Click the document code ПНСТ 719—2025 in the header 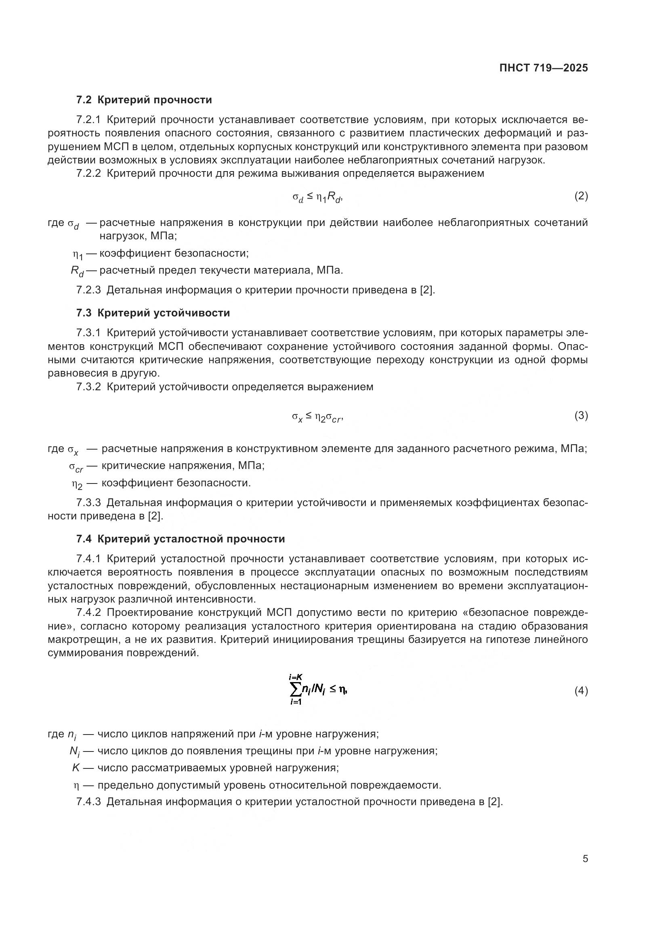(x=543, y=68)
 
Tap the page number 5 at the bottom (x=585, y=859)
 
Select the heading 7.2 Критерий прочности (x=144, y=100)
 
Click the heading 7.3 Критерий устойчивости (x=153, y=313)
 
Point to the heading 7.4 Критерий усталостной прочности (x=181, y=539)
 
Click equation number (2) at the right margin (x=581, y=196)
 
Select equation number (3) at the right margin (x=581, y=416)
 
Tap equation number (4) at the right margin (x=581, y=691)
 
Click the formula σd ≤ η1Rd (x=317, y=198)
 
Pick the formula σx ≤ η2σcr (x=317, y=417)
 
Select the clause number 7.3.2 (x=88, y=387)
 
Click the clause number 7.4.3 (x=88, y=802)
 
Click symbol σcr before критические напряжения (x=76, y=467)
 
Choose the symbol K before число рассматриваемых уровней (x=76, y=768)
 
